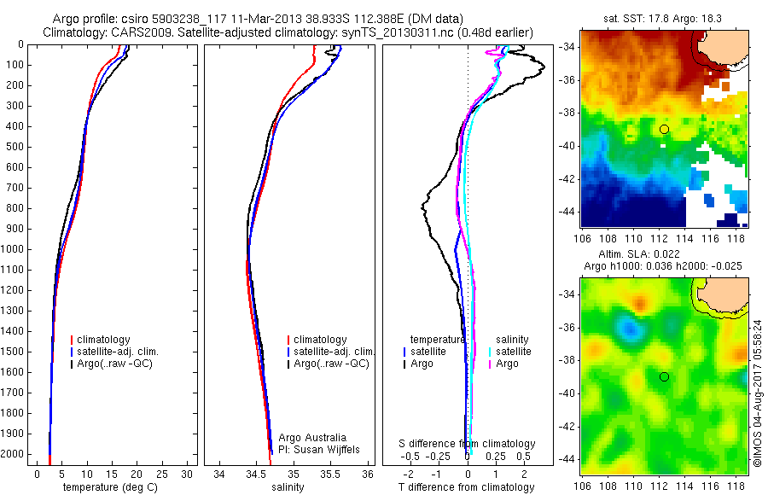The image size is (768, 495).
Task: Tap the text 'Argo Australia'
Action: click(x=312, y=437)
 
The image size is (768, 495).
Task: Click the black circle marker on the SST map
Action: click(x=664, y=129)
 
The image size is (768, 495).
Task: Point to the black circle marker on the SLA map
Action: click(x=664, y=376)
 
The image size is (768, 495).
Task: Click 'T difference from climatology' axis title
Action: click(x=467, y=487)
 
